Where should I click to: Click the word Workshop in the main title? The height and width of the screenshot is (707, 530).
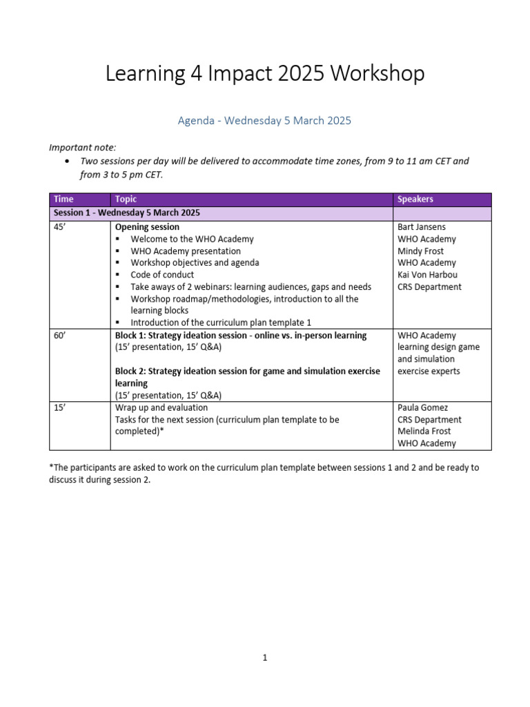(x=377, y=74)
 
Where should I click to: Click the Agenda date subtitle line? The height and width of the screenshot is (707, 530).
(x=264, y=121)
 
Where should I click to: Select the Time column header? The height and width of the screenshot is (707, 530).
(x=63, y=200)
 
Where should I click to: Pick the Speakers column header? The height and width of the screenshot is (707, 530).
(x=415, y=200)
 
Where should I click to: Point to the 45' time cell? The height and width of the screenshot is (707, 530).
(x=61, y=227)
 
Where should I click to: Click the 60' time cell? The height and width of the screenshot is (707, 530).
(x=61, y=336)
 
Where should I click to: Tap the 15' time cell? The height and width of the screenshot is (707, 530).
(x=61, y=408)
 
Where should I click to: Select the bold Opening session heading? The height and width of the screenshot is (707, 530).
(x=147, y=227)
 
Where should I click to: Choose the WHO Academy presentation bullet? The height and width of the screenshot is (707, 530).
(x=186, y=251)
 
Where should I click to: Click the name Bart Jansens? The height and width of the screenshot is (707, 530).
(x=421, y=227)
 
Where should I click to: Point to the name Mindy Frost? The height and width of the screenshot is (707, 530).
(x=420, y=251)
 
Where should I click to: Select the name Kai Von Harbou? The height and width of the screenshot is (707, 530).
(x=428, y=275)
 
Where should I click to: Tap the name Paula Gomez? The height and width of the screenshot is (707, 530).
(x=423, y=408)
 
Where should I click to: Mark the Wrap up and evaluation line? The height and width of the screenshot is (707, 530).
(x=162, y=408)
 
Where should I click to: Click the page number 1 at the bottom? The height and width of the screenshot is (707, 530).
(x=264, y=658)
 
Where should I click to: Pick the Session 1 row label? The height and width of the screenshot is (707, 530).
(x=126, y=213)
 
